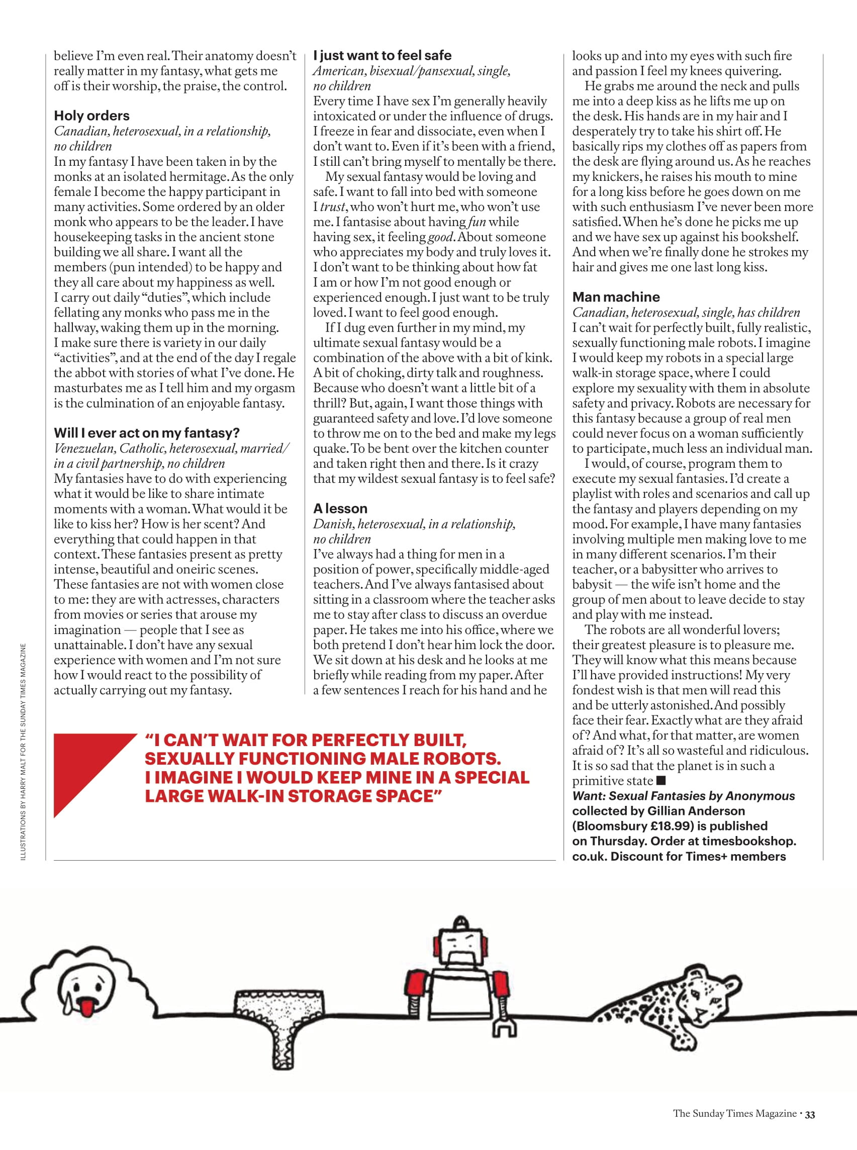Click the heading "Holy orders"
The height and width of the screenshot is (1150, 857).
tap(92, 116)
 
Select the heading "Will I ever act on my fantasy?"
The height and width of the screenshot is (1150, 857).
tap(147, 433)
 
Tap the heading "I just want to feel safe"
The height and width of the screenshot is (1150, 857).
tap(383, 55)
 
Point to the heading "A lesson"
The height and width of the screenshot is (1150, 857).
tap(340, 508)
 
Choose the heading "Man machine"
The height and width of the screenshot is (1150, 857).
tap(616, 297)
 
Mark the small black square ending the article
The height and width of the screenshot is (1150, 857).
tap(661, 780)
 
